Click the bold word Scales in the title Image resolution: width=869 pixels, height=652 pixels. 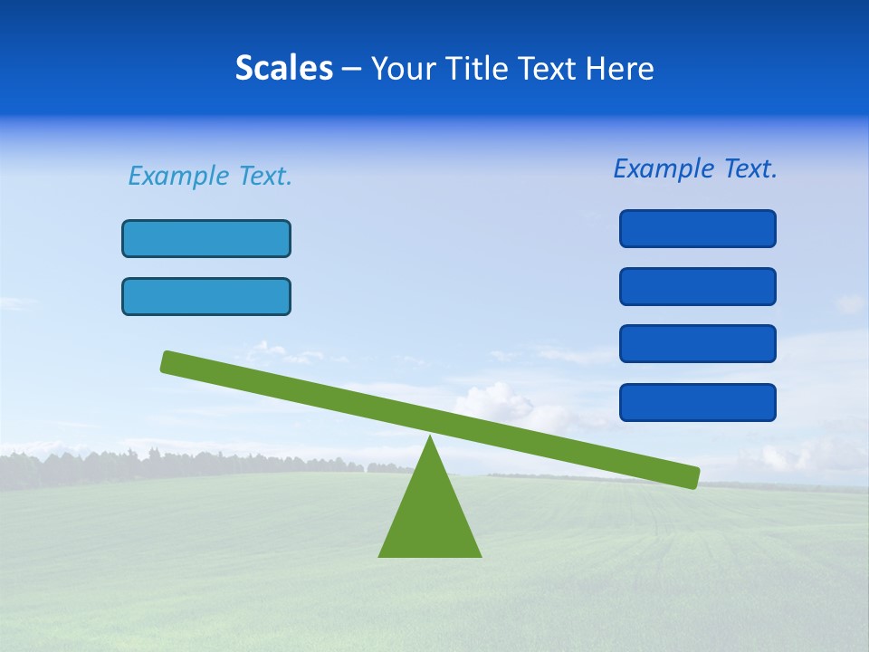(x=283, y=69)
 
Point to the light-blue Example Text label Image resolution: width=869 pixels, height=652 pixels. (x=210, y=176)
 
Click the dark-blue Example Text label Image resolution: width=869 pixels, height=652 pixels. (x=695, y=168)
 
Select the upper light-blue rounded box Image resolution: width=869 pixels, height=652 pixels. (x=206, y=239)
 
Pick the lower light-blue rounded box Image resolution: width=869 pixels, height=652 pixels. (x=206, y=297)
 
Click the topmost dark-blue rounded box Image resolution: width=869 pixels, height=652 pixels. (x=698, y=228)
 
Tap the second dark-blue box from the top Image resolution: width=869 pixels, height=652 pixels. (x=698, y=286)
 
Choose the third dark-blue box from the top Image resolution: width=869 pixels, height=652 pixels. (x=698, y=344)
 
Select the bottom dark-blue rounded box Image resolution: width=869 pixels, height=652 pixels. (x=698, y=402)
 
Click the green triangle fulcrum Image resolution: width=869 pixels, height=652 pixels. (x=430, y=516)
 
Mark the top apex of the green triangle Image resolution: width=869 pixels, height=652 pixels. (x=430, y=438)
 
